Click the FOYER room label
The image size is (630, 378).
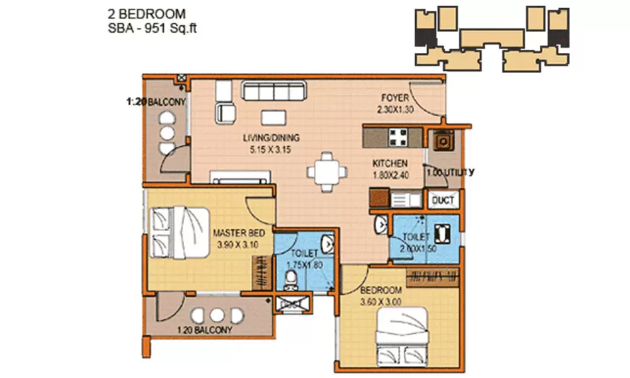pos(394,98)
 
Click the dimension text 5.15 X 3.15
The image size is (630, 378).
pos(272,150)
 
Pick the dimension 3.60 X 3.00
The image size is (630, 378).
pos(381,301)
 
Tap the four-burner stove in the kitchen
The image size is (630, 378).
pos(398,136)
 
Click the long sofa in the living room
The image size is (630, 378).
pos(273,93)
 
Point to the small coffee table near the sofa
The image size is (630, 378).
pos(272,118)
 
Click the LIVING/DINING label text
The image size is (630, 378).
pos(272,138)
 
